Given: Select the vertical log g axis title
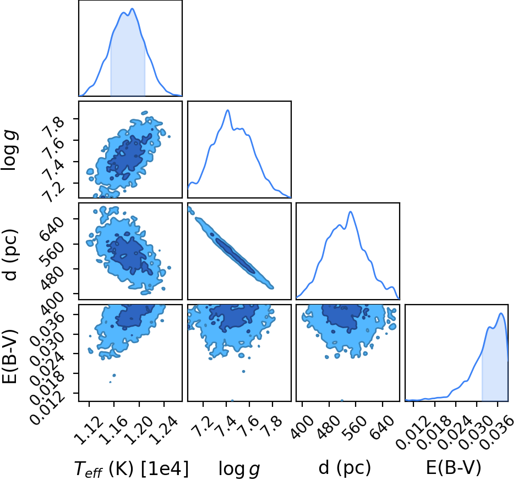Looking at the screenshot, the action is click(9, 151).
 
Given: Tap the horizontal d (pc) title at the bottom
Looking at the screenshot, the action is click(345, 468).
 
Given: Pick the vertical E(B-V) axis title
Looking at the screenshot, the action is click(10, 356).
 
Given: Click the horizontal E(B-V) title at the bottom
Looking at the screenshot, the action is click(454, 468).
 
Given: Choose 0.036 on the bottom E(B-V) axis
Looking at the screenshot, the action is click(497, 433).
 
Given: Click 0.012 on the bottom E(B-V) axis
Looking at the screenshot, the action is click(413, 433).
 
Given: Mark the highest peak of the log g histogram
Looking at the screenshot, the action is click(227, 110).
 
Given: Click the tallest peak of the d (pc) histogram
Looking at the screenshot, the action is click(351, 212).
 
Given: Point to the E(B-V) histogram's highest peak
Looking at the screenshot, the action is click(501, 313).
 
